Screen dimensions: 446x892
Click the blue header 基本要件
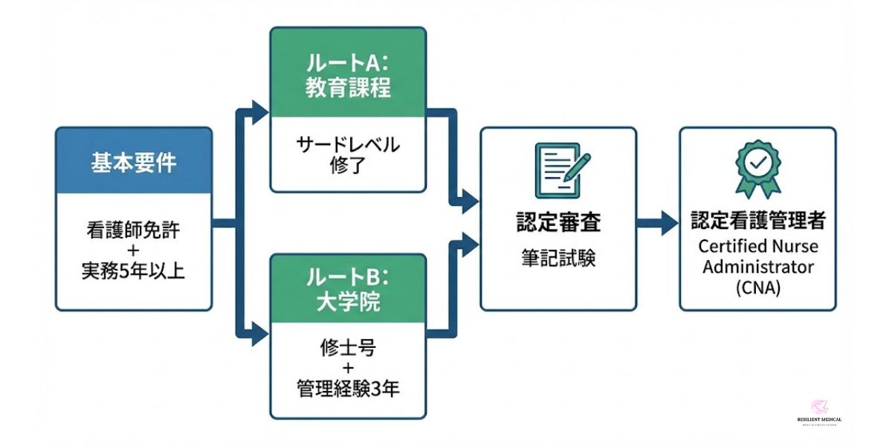pos(134,163)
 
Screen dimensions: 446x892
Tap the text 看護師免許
pos(134,230)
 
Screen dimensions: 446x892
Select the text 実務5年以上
pos(134,271)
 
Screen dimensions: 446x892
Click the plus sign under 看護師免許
pos(134,251)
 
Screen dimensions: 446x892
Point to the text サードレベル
pos(348,143)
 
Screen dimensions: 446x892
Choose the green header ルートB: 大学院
pos(348,289)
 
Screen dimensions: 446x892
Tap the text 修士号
pos(348,347)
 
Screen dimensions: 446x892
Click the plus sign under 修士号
pos(348,368)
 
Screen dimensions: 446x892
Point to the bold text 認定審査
pos(558,222)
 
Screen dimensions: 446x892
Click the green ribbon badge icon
pos(757,167)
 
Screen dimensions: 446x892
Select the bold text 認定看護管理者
pos(757,222)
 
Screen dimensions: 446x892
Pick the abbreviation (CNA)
pos(757,288)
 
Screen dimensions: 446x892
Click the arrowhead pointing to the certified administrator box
pos(669,222)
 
